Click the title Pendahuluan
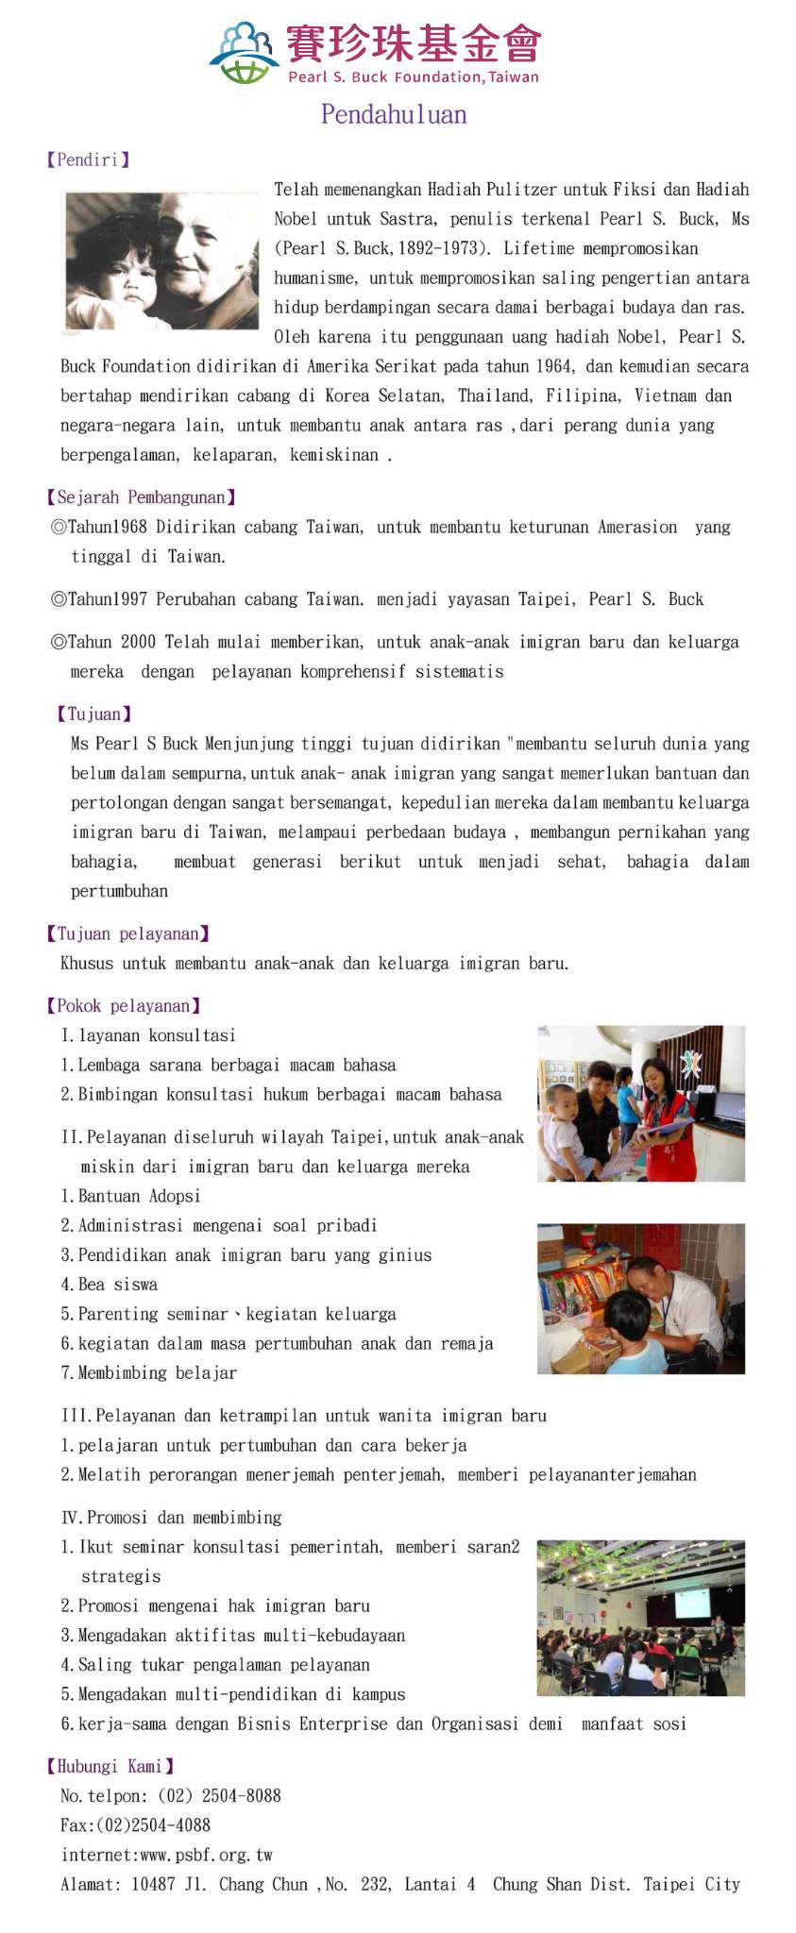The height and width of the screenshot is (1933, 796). tap(394, 115)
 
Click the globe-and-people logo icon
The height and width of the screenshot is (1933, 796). tap(245, 52)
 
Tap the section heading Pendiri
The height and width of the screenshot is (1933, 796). tap(88, 160)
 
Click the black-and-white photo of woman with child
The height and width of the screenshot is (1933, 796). tap(161, 261)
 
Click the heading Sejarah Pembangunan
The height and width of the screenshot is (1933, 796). tap(141, 497)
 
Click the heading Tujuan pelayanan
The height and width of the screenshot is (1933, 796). tap(127, 933)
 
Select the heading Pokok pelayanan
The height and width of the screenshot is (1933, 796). tap(123, 1005)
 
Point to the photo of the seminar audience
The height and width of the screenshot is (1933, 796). tap(640, 1618)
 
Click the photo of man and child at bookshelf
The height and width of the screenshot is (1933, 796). tap(640, 1298)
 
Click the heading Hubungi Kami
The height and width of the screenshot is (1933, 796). tap(110, 1766)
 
